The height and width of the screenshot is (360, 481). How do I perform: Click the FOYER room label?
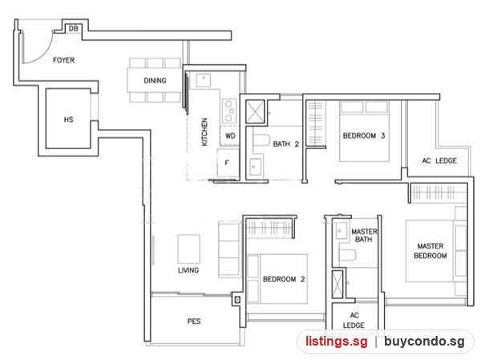[63, 60]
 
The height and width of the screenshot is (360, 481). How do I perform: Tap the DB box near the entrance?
[73, 29]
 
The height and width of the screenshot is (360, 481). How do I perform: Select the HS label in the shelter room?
[68, 119]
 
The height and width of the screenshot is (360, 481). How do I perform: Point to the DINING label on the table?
[155, 80]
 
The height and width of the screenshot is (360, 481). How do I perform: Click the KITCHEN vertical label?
[204, 132]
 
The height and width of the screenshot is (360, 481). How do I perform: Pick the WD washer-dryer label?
[230, 136]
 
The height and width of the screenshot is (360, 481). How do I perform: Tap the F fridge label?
[227, 163]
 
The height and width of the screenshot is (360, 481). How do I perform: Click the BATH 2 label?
[285, 144]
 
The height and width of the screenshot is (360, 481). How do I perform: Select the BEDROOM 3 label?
[363, 136]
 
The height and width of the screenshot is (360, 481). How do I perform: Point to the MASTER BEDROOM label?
[430, 251]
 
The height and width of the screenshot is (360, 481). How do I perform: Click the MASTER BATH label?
[364, 236]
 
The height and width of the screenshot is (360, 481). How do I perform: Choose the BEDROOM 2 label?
[284, 279]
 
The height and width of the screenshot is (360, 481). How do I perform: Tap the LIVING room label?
[188, 270]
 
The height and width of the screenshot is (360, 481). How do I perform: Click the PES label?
[194, 322]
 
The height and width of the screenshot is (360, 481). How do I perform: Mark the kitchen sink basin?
[203, 80]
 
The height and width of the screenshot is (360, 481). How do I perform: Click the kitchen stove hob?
[229, 111]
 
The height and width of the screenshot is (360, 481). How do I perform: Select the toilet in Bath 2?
[261, 140]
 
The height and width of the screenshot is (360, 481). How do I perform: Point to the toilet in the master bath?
[347, 255]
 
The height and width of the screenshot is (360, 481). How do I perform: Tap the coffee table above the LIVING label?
[188, 249]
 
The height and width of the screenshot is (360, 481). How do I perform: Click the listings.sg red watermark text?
[336, 342]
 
